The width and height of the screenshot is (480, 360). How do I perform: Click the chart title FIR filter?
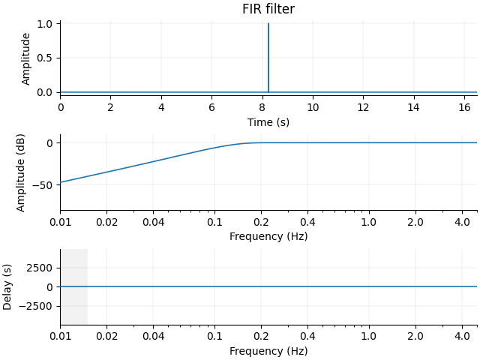tap(268, 10)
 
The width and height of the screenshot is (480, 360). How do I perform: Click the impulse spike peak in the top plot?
tap(268, 25)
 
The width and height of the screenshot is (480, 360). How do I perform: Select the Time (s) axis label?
tap(268, 122)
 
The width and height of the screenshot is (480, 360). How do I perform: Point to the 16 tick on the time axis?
tap(464, 107)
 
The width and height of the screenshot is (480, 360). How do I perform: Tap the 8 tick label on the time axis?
tap(262, 107)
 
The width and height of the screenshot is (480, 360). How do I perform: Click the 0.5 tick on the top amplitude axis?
tap(44, 58)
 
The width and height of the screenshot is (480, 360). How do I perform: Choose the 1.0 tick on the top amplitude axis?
tap(44, 24)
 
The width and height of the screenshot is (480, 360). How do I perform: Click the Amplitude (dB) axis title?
tap(21, 172)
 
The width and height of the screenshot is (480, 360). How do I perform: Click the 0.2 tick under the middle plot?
tap(261, 222)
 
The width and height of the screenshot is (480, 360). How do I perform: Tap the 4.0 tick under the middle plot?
tap(461, 222)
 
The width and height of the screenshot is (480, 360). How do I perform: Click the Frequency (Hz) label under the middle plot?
tap(268, 236)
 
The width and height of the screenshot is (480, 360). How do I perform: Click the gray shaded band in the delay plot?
tap(73, 286)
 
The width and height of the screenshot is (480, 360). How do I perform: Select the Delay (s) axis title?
tap(7, 286)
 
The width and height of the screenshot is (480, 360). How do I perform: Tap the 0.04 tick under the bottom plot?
tap(154, 337)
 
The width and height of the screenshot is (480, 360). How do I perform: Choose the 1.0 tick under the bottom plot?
tap(369, 337)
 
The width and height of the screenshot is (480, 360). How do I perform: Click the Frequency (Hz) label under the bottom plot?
tap(268, 351)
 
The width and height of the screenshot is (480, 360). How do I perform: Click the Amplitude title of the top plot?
tap(26, 58)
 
